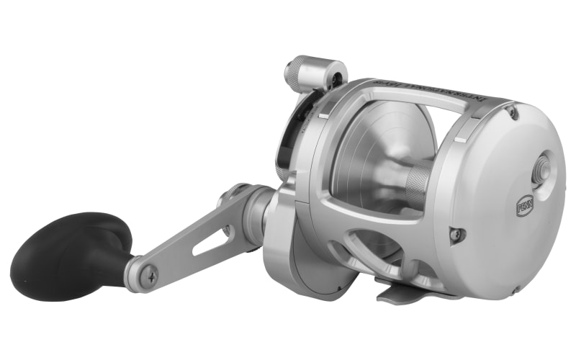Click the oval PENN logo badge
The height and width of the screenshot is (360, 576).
coord(524,207)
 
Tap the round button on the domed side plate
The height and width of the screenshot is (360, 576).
coord(539,168)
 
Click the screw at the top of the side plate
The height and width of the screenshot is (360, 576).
coord(512,112)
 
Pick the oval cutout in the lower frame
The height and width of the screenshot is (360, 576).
coord(360,248)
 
